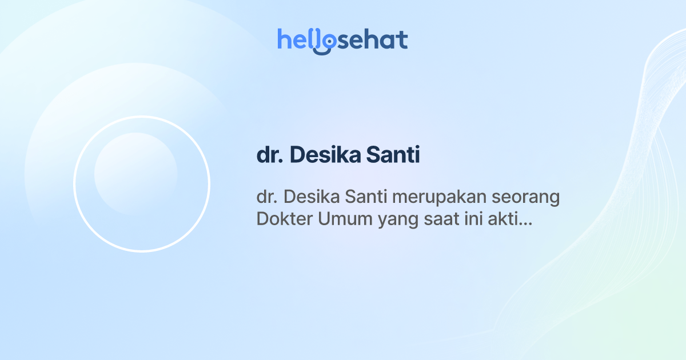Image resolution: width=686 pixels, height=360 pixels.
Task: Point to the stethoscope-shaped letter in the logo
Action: tap(326, 41)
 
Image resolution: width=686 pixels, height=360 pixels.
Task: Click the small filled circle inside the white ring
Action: tap(135, 174)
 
